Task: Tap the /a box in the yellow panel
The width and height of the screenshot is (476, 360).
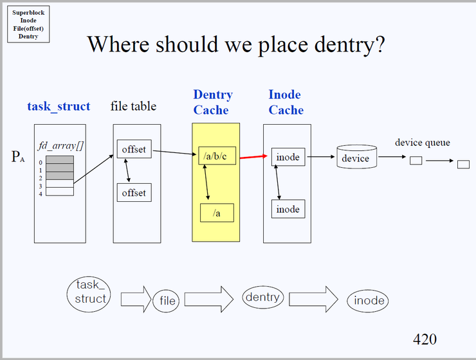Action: (x=216, y=212)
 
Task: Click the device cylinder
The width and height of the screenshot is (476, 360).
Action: (x=356, y=157)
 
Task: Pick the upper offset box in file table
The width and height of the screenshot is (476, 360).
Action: (x=134, y=150)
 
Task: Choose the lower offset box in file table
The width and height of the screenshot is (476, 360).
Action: (x=134, y=192)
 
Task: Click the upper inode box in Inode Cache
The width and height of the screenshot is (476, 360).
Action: (x=288, y=157)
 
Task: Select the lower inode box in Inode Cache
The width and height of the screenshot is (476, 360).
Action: (x=288, y=209)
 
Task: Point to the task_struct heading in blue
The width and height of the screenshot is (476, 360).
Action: (x=59, y=107)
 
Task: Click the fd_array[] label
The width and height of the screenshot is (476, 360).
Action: (x=57, y=146)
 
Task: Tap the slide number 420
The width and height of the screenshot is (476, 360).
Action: (x=425, y=339)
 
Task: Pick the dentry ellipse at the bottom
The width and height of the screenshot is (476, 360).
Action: (x=262, y=297)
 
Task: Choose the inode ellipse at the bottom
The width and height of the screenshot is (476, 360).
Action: (x=369, y=300)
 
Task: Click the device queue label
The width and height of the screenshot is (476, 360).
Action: (x=422, y=142)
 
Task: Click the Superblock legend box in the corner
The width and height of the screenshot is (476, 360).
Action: (x=28, y=24)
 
